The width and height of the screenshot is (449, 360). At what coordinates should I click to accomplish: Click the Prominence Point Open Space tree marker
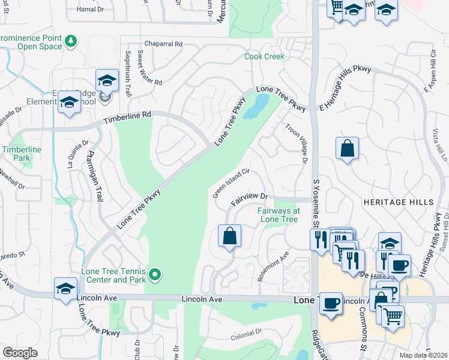tap(71, 41)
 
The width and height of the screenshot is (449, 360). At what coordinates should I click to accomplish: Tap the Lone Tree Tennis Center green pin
tap(155, 275)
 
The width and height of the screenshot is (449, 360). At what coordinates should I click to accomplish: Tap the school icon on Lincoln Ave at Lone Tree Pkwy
tap(65, 288)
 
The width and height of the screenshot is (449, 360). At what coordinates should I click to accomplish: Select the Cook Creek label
tap(264, 57)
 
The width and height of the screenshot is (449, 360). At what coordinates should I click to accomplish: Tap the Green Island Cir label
tap(231, 184)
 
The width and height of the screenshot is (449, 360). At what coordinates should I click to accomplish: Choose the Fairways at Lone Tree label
tap(279, 215)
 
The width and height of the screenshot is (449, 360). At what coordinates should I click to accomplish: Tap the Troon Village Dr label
tap(296, 143)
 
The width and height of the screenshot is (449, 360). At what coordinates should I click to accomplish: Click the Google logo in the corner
tap(20, 353)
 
